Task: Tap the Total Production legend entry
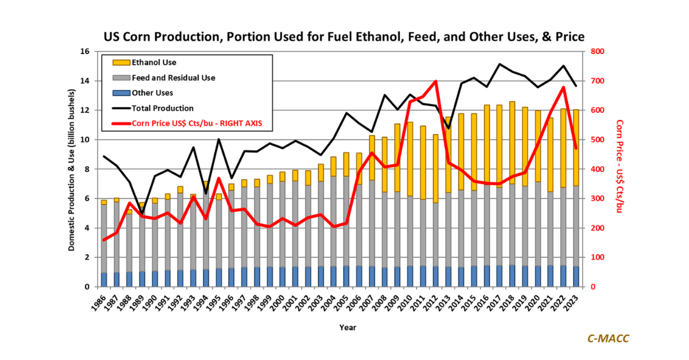(162, 108)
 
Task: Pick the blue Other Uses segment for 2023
(575, 276)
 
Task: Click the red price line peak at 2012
(436, 82)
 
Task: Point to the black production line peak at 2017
(500, 64)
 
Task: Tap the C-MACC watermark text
(607, 338)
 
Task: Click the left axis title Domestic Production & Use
(72, 169)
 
